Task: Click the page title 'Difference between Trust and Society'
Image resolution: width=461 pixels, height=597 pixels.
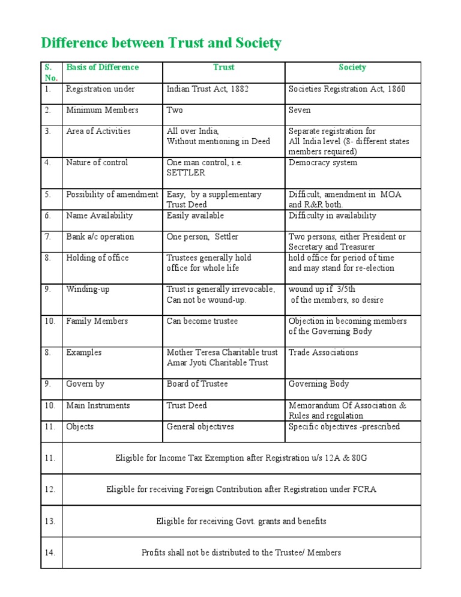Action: (x=161, y=43)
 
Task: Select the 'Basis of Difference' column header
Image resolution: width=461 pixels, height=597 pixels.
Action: (x=102, y=67)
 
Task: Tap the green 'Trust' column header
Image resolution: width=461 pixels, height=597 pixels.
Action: (x=223, y=67)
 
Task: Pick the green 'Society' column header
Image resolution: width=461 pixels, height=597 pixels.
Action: (x=352, y=67)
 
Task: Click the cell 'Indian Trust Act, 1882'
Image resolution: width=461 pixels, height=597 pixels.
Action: (x=208, y=89)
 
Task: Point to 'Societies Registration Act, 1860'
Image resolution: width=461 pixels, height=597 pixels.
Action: (x=347, y=89)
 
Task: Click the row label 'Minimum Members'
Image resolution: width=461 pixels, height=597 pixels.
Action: (x=102, y=110)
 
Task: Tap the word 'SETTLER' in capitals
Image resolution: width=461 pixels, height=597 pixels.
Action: (x=185, y=173)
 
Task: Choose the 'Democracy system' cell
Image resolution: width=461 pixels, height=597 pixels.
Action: (x=322, y=163)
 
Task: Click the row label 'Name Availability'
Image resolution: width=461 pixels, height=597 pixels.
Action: (x=100, y=216)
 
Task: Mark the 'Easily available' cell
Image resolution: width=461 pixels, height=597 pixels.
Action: (x=195, y=216)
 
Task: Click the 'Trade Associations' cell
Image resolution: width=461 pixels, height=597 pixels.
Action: (x=323, y=353)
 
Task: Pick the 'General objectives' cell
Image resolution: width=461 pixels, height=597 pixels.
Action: (x=200, y=427)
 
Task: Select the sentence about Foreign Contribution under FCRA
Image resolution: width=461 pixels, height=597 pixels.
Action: (x=241, y=489)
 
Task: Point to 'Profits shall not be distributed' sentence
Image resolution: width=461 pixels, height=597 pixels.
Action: (x=241, y=553)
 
